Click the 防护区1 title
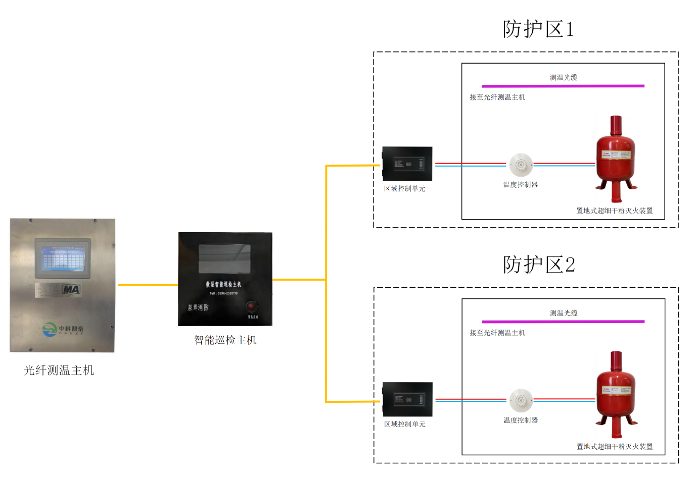(538, 29)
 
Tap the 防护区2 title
(539, 264)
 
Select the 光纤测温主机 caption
(59, 370)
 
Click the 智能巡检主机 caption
(225, 340)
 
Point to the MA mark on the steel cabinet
(71, 289)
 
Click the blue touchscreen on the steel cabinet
(62, 258)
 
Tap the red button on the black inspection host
(251, 306)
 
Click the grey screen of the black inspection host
(224, 258)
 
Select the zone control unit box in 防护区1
(407, 164)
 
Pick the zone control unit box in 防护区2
(407, 399)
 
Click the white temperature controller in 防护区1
(521, 165)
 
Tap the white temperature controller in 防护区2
(521, 400)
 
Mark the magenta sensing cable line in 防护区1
(563, 86)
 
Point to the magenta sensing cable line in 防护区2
(563, 322)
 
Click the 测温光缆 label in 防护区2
(564, 313)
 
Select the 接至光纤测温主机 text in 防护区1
(497, 97)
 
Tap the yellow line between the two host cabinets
(148, 285)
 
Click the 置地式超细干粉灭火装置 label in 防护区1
(615, 211)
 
